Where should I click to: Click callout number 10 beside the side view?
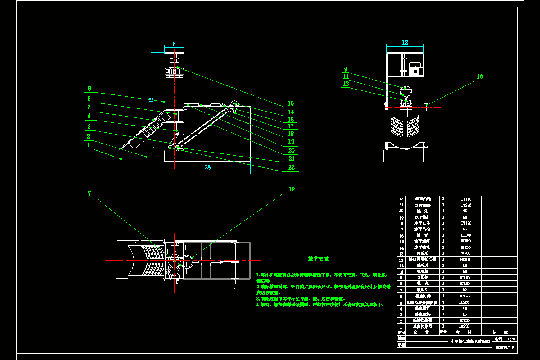pos(291,103)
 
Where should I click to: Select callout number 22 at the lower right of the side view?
pos(291,167)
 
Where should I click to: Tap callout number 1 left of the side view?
pos(89,145)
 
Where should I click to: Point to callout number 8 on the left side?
pos(89,89)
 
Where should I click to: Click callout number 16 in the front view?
pos(480,77)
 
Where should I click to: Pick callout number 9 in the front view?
pos(346,69)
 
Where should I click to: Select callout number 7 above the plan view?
pos(89,193)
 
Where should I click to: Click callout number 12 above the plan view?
pos(292,189)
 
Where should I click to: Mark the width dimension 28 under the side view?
pos(207,167)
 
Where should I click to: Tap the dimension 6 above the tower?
pos(174,44)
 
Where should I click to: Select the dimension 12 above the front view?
pos(405,42)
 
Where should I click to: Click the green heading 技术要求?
pos(319,259)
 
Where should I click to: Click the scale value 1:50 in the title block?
pos(511,338)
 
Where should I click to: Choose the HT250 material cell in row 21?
pos(463,205)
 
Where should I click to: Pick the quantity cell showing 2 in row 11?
pos(444,265)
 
